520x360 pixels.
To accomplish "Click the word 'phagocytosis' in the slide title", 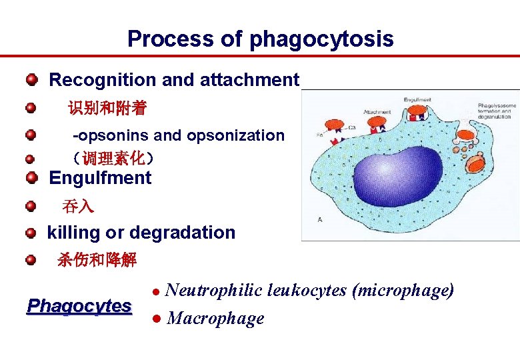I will click(x=321, y=39).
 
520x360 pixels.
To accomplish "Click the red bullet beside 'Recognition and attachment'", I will click(x=31, y=81).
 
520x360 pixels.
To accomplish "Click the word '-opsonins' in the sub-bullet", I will click(x=111, y=135).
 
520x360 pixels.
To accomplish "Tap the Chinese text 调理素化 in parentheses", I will click(x=114, y=158).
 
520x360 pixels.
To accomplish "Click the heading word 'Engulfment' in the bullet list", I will click(x=100, y=178).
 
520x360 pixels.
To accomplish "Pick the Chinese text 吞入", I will click(x=78, y=207).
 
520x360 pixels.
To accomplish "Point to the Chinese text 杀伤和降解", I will click(x=97, y=260).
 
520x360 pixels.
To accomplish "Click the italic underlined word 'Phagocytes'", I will click(x=79, y=306).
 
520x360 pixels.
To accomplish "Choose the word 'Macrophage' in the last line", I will click(x=215, y=319).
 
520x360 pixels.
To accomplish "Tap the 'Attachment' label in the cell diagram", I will click(x=377, y=112).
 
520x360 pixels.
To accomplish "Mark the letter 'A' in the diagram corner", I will click(x=320, y=220).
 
